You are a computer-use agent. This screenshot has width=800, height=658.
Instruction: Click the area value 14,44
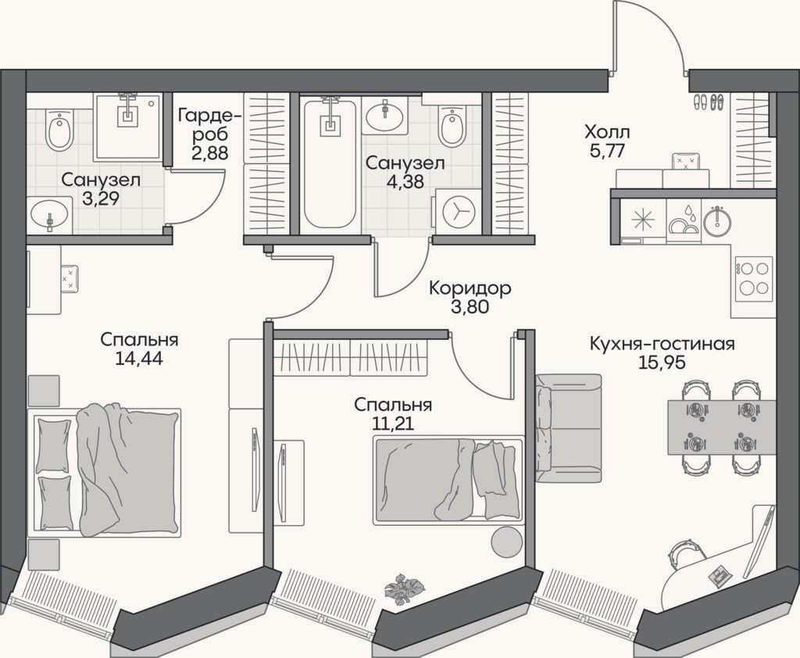pos(139,359)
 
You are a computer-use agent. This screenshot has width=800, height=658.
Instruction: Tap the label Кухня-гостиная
pos(662,344)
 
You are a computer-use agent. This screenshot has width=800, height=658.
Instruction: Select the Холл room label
pos(607,133)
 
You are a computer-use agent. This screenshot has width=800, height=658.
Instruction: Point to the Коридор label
pos(470,288)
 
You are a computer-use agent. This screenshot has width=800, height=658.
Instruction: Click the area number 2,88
pos(209,152)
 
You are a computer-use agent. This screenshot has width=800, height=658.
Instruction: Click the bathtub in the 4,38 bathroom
pos(330,164)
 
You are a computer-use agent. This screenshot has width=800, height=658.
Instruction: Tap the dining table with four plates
pos(721,427)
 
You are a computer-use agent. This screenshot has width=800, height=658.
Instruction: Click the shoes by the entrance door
pos(708,102)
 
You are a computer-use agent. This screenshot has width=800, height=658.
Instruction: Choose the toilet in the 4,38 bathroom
pos(452,124)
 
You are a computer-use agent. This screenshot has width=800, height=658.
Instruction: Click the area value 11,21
pos(392,424)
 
